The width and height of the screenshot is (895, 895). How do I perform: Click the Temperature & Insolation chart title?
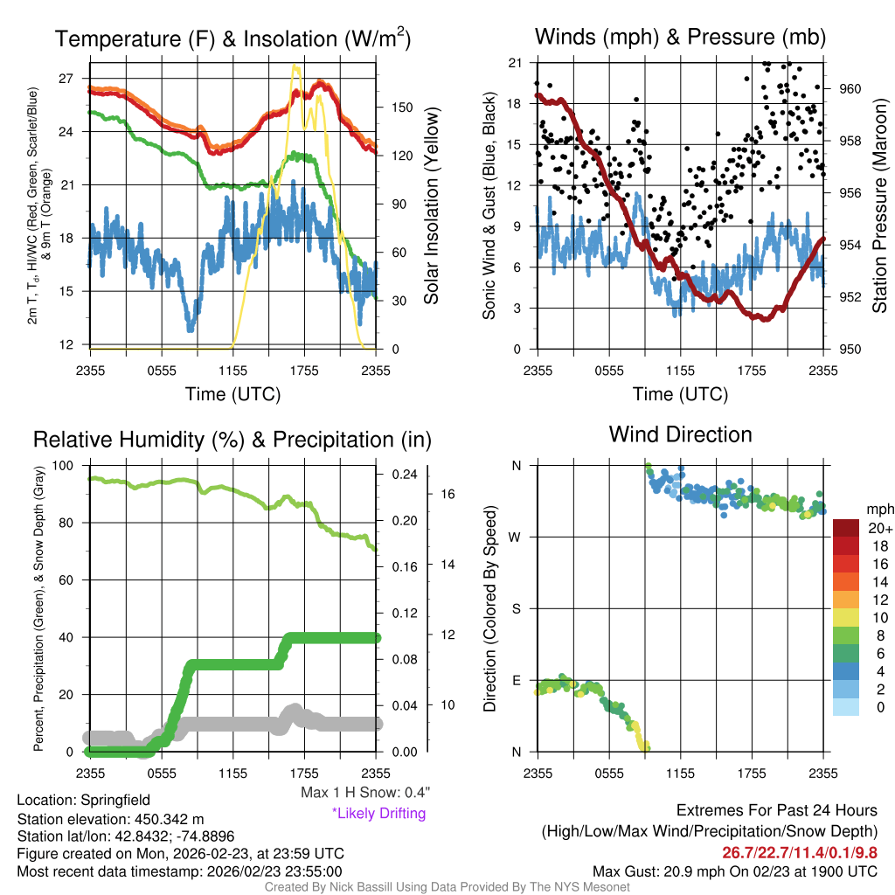tap(232, 39)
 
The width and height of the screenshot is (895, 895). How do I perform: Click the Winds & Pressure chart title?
tap(680, 38)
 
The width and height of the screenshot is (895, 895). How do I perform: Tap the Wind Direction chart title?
tap(680, 434)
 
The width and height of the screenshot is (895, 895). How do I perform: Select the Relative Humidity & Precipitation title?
tap(232, 441)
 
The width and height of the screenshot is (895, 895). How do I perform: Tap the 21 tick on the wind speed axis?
tap(515, 63)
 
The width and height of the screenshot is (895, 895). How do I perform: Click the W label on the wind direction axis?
tap(516, 537)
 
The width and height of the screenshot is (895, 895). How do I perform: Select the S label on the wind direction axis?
tap(516, 608)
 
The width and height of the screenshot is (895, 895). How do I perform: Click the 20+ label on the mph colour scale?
tap(880, 528)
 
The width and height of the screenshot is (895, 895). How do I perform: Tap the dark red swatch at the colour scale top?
tap(847, 528)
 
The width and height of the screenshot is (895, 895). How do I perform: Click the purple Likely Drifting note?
tap(378, 814)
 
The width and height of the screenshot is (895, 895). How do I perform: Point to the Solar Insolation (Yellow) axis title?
tap(431, 206)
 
